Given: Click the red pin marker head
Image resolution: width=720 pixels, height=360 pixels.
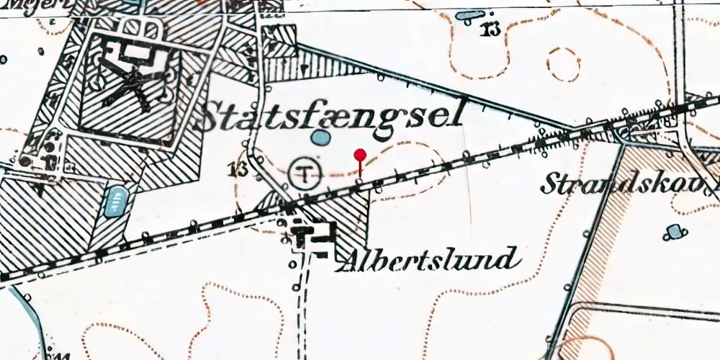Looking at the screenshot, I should (360, 154).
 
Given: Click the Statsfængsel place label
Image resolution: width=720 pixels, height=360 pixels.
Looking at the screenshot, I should (328, 117).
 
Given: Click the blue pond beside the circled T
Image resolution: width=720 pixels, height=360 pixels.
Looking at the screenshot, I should (320, 137).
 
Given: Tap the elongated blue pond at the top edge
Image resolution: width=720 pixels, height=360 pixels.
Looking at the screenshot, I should (471, 14).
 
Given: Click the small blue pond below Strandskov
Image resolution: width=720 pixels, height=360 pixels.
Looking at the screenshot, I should (675, 230).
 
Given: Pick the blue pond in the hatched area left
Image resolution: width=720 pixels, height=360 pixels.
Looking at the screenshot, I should (115, 201).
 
